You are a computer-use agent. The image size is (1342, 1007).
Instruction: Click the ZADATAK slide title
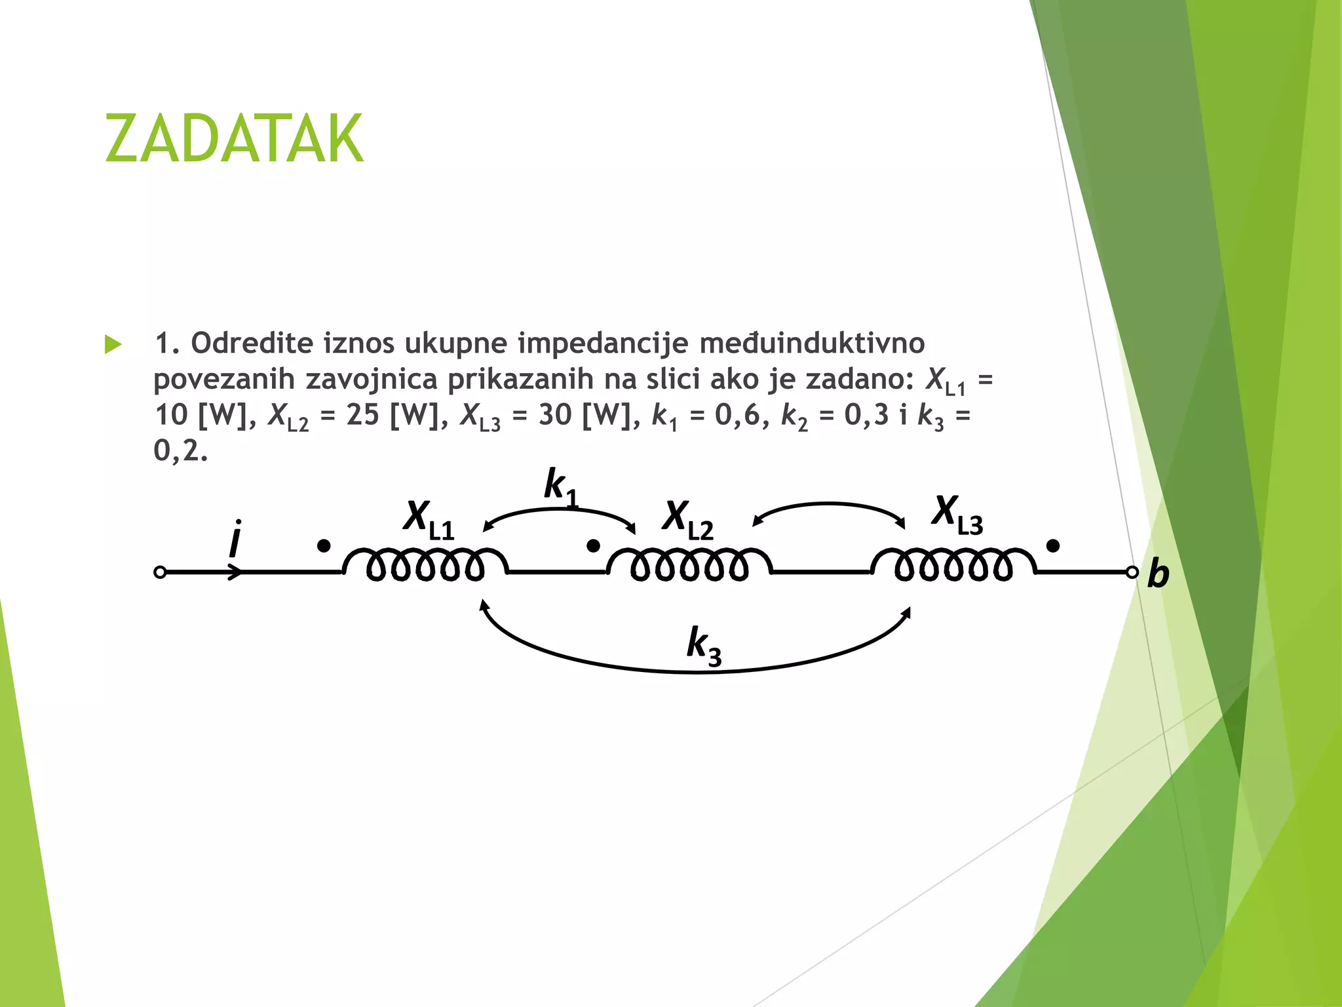click(234, 138)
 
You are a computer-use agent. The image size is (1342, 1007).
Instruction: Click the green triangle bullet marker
click(113, 344)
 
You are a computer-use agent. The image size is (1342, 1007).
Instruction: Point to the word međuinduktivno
click(812, 343)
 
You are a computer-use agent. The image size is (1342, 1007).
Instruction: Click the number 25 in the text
click(363, 415)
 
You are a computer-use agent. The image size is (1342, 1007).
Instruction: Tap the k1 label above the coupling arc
click(561, 488)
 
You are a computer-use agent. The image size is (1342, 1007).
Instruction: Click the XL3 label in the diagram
click(957, 515)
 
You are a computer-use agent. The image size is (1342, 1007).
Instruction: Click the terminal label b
click(1158, 574)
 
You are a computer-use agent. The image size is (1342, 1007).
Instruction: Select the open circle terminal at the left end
click(159, 572)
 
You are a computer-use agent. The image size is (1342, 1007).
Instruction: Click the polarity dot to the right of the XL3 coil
click(1053, 546)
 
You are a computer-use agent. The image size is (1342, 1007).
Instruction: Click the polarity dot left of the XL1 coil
click(324, 546)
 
